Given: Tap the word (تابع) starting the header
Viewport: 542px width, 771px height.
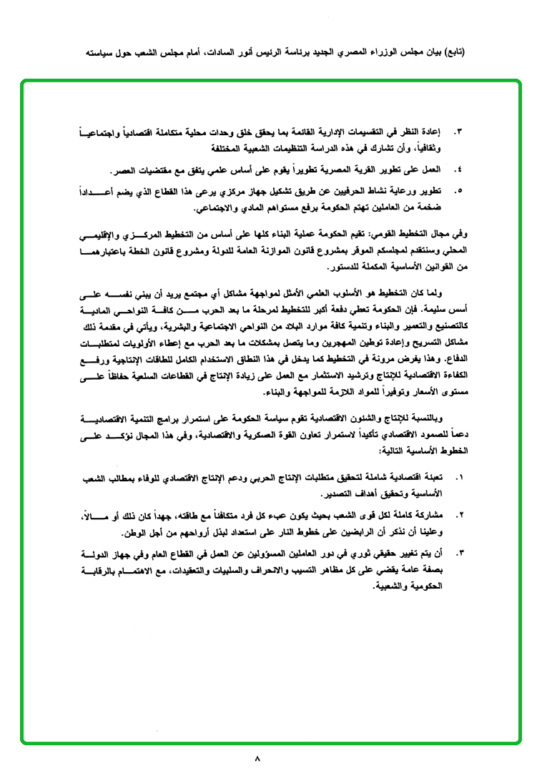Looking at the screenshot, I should click(x=451, y=54).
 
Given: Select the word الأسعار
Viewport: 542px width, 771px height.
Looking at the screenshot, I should click(x=420, y=392).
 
